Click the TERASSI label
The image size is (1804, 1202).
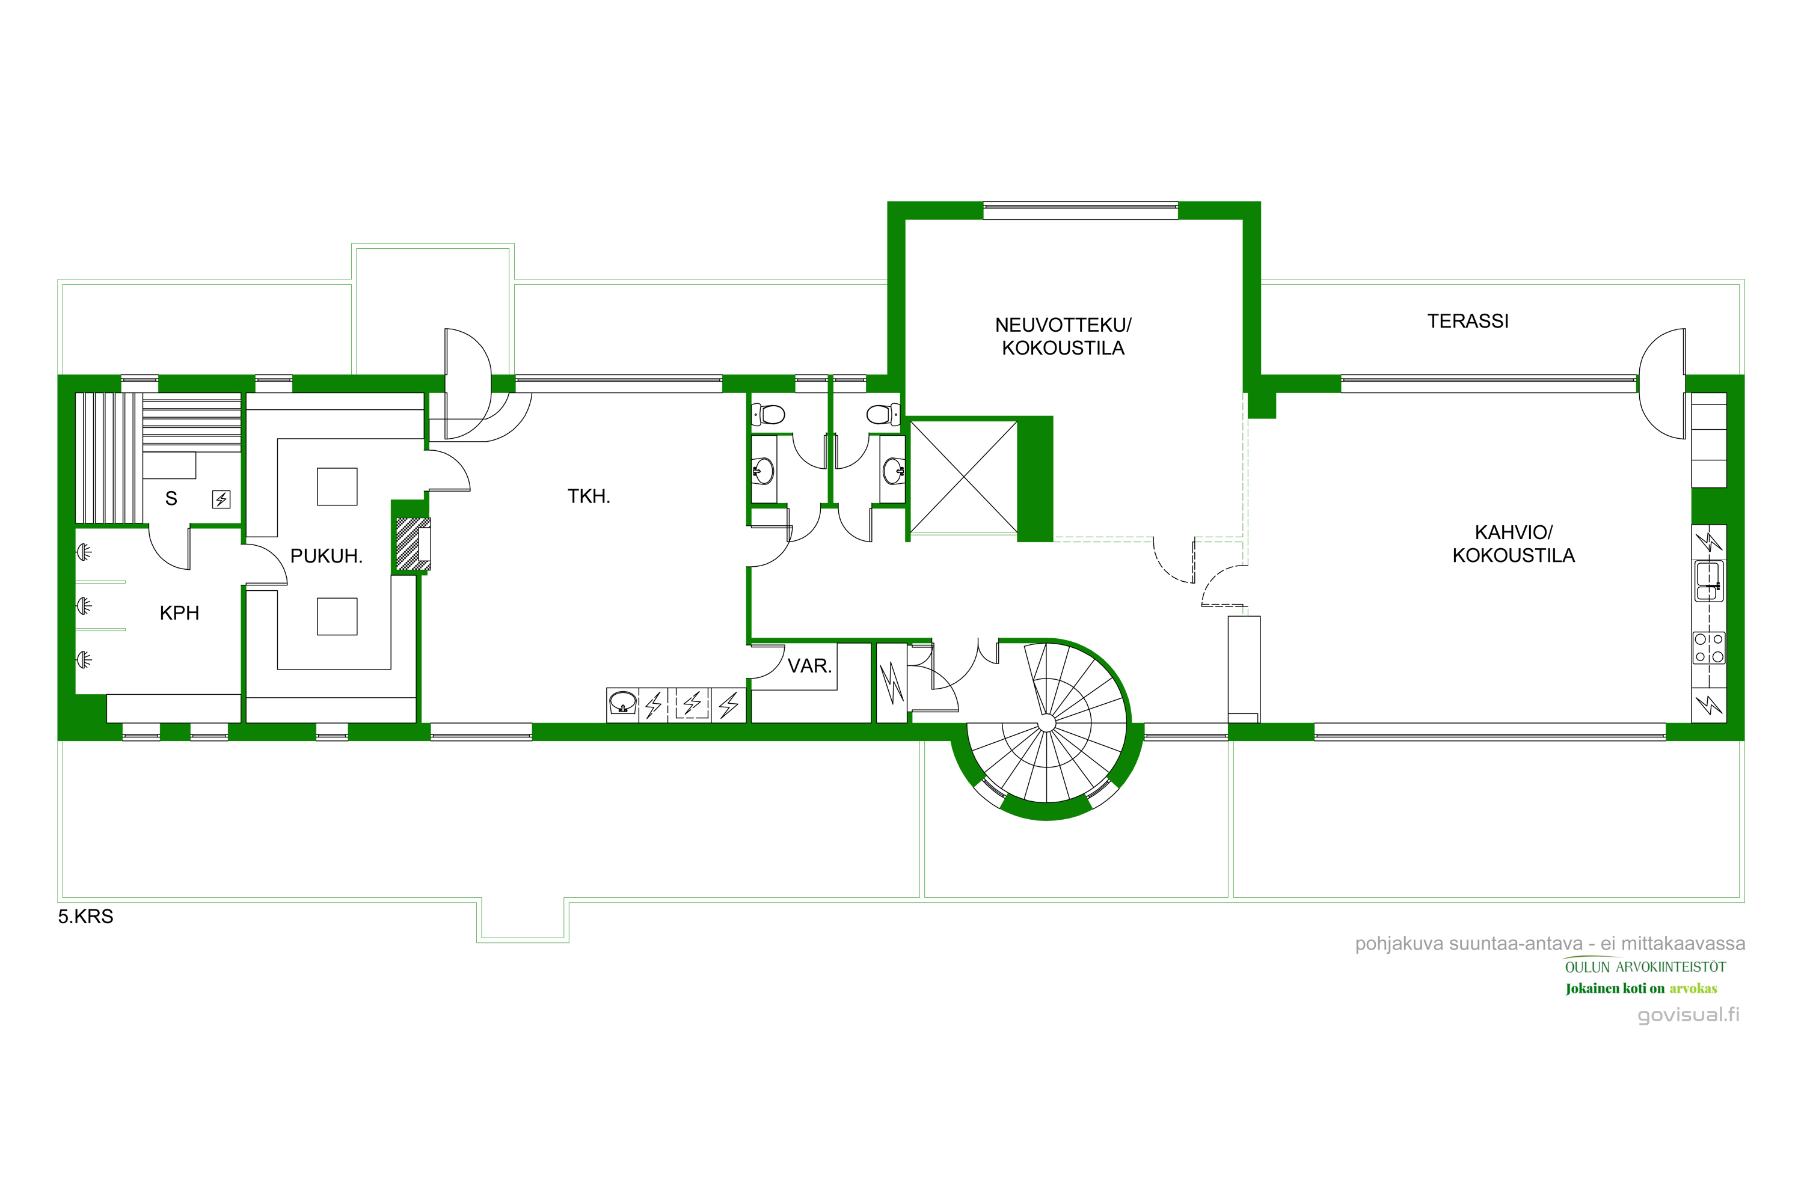pos(1467,321)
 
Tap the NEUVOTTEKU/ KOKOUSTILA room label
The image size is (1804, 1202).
pos(1063,337)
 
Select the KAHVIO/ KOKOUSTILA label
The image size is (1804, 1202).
pos(1514,545)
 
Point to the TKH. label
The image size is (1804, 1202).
pos(588,497)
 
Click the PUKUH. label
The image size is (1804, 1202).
pos(326,557)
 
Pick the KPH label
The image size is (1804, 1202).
pos(179,613)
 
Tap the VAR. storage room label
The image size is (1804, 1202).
pos(809,666)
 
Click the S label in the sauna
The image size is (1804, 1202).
pos(171,499)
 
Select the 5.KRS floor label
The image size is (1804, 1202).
pos(86,917)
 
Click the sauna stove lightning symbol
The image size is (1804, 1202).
pos(221,500)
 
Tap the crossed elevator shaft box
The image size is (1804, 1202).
pos(963,476)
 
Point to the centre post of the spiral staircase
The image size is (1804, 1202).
pos(1046,723)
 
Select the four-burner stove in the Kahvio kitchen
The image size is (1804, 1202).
pos(1709,648)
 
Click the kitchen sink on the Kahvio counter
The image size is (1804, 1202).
pos(1709,581)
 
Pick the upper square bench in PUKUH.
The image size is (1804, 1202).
pos(337,487)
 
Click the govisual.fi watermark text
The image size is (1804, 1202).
pos(1688,1016)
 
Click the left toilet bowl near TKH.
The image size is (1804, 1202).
pos(769,415)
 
